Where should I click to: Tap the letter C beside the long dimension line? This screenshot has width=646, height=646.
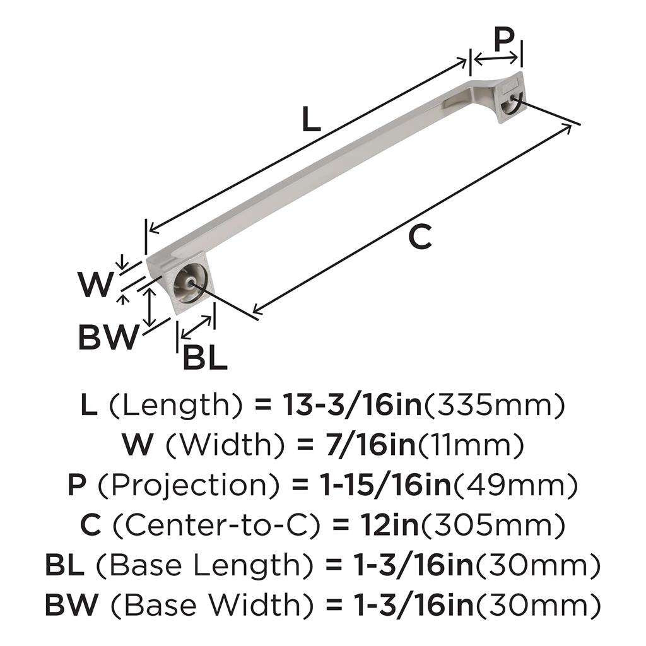420,237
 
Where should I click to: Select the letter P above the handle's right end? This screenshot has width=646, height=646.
503,40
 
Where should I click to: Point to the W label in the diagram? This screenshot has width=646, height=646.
95,286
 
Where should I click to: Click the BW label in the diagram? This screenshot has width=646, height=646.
107,339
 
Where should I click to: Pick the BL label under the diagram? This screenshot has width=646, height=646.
204,359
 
